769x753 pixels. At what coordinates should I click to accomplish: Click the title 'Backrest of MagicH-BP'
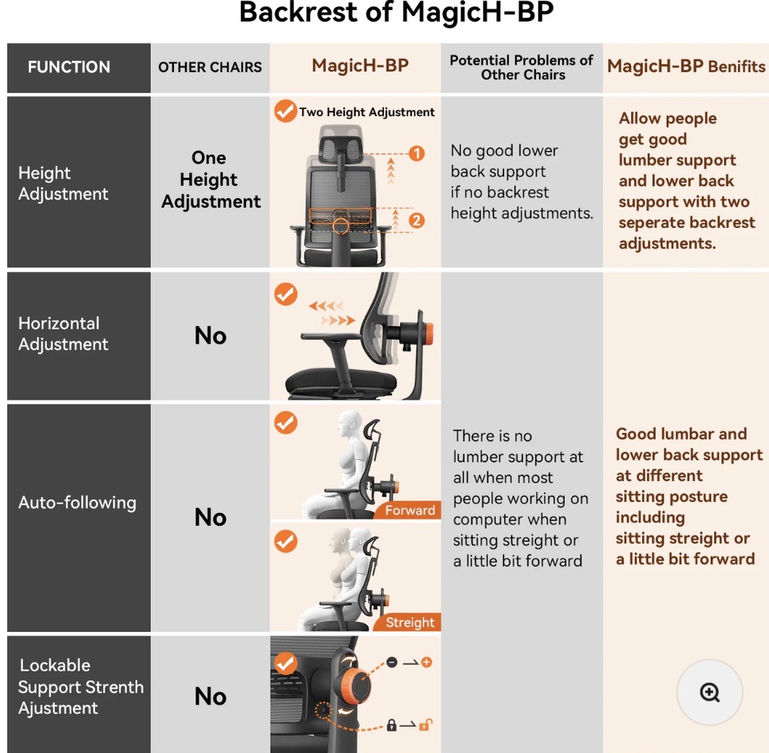click(x=396, y=13)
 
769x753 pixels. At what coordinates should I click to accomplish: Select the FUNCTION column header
click(x=69, y=67)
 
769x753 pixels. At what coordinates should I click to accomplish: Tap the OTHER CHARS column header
click(x=210, y=67)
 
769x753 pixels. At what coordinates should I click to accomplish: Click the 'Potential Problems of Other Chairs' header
click(x=522, y=67)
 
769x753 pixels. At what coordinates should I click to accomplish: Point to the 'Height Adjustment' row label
click(x=63, y=183)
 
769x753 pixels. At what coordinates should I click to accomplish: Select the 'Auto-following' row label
click(x=77, y=502)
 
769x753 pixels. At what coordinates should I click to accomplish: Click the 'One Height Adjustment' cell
click(x=210, y=180)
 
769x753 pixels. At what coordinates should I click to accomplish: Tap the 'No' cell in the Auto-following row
click(x=210, y=517)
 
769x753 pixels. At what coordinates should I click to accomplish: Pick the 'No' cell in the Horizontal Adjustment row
click(x=210, y=335)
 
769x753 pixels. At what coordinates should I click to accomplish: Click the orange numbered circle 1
click(x=416, y=154)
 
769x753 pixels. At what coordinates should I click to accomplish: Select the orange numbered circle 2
click(x=416, y=221)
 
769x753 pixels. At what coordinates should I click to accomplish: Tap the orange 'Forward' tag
click(x=410, y=511)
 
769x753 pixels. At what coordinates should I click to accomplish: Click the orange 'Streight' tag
click(x=410, y=622)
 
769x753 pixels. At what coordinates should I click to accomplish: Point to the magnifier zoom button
click(x=709, y=692)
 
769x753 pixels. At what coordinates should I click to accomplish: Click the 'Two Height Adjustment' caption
click(x=366, y=112)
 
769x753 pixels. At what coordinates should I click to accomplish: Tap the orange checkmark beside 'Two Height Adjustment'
click(x=285, y=111)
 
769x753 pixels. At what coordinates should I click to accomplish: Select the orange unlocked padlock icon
click(x=424, y=725)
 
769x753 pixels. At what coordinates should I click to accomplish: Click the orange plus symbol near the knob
click(x=426, y=662)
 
